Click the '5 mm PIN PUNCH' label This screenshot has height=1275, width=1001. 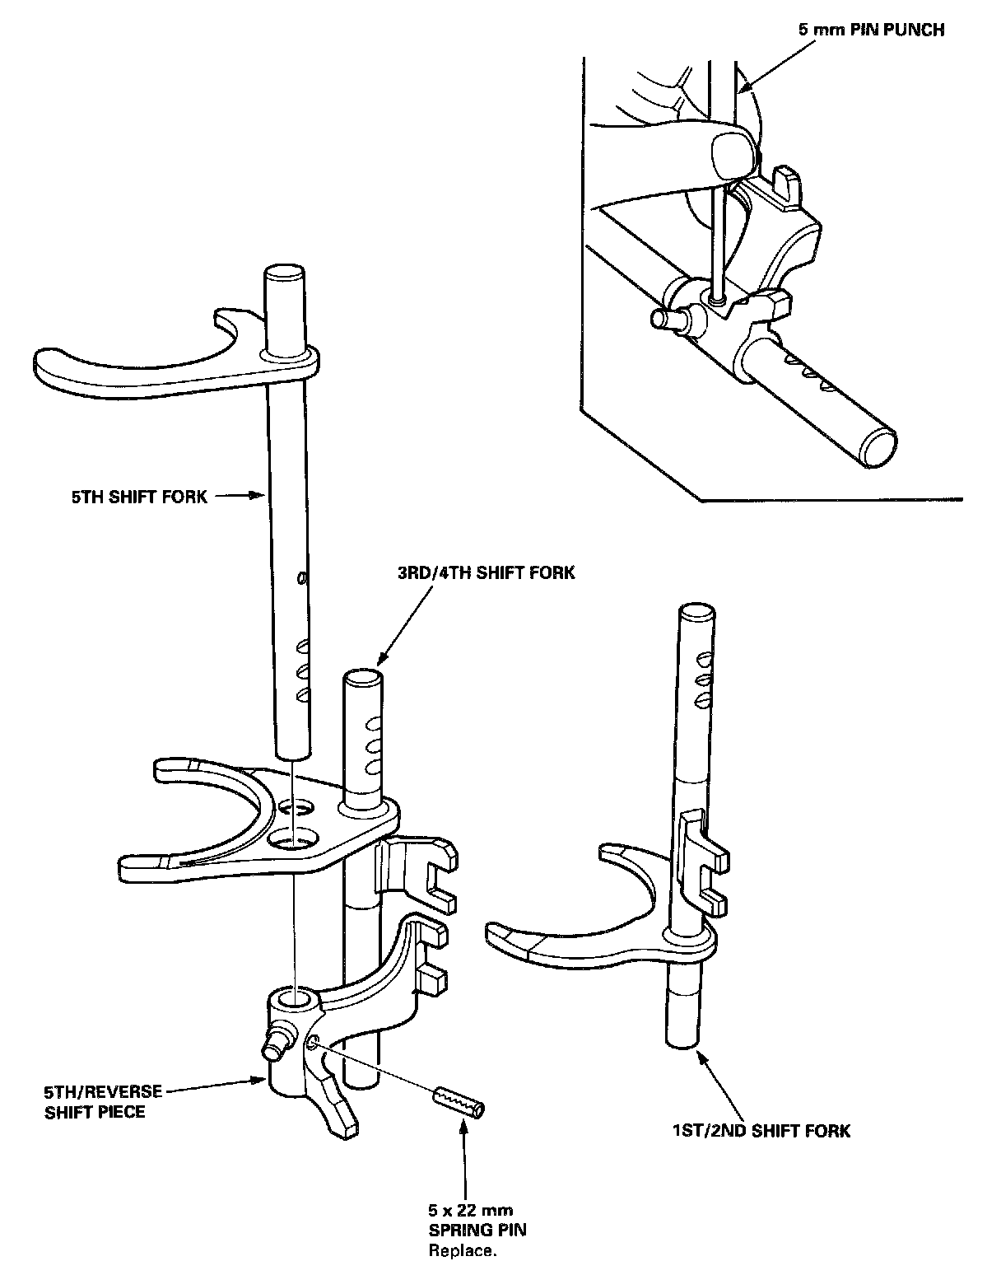(x=871, y=30)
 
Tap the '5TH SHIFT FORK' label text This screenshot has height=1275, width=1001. (x=139, y=497)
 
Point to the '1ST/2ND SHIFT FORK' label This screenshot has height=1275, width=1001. (x=761, y=1131)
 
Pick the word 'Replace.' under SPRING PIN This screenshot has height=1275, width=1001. (x=463, y=1251)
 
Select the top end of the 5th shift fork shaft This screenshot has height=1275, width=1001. (x=284, y=273)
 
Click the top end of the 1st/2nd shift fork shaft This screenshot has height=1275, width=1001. (x=696, y=612)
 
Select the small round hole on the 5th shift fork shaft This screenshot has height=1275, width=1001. (x=302, y=578)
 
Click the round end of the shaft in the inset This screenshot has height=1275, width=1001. (x=880, y=448)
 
